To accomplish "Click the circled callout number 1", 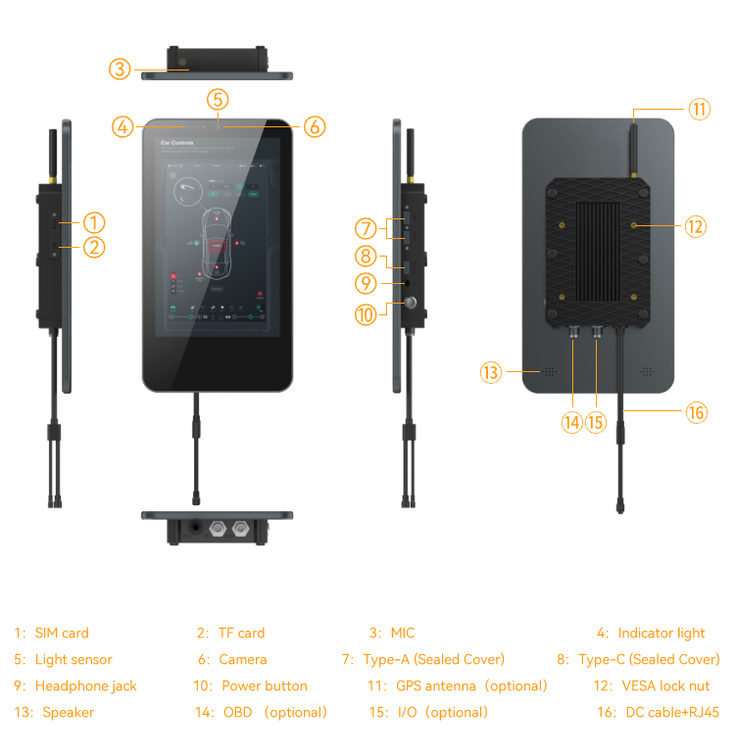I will [x=94, y=223].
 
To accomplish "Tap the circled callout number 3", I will [x=120, y=69].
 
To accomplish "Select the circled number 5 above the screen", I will [x=218, y=99].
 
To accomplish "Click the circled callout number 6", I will [x=314, y=126].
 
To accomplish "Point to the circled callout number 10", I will [x=366, y=314].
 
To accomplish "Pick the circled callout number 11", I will [x=698, y=109].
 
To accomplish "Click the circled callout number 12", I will [x=695, y=226].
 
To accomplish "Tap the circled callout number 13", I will [x=491, y=372].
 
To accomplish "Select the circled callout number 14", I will [x=572, y=422].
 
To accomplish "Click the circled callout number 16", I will [x=696, y=412].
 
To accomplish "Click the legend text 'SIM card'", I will [x=62, y=634].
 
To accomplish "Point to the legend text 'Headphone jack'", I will [x=86, y=685].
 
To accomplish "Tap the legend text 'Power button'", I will [x=264, y=685].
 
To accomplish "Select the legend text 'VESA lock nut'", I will [x=665, y=685].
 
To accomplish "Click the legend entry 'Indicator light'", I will [x=661, y=634].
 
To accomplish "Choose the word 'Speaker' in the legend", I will [x=69, y=712].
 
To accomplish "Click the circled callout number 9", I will [x=366, y=283].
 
